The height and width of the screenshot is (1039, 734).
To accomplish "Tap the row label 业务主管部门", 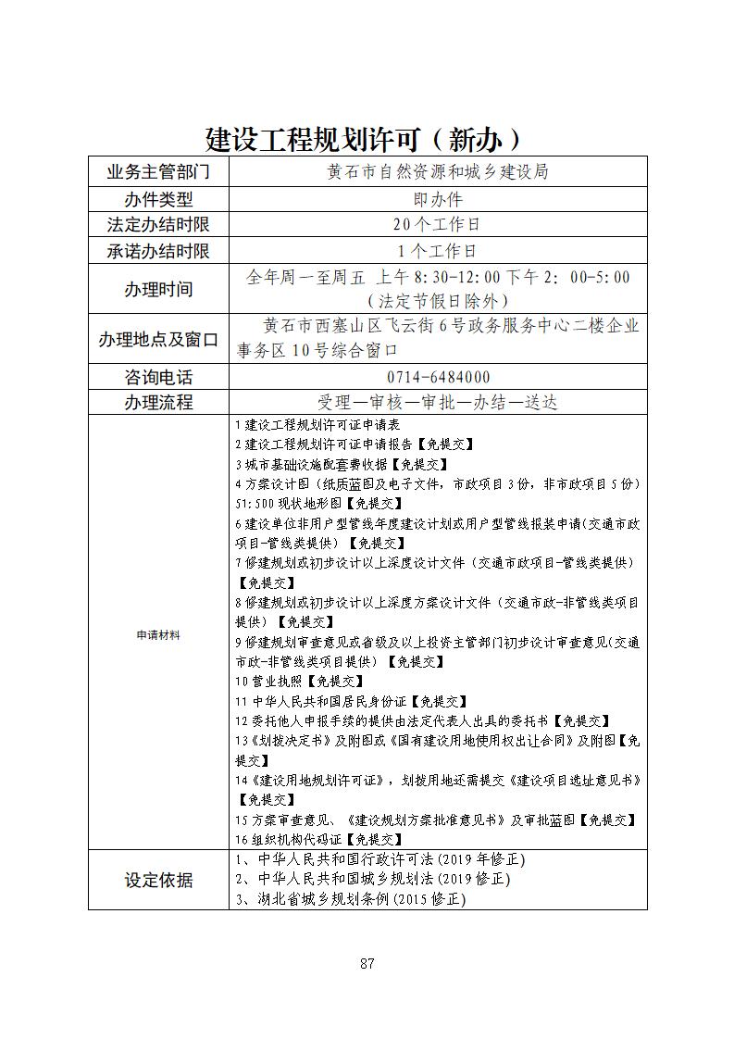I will pyautogui.click(x=158, y=172).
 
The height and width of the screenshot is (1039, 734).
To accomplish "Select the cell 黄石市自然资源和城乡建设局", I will pyautogui.click(x=438, y=172).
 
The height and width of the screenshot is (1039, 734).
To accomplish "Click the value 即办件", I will pyautogui.click(x=438, y=199).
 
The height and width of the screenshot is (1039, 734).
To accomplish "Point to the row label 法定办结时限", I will pyautogui.click(x=158, y=225).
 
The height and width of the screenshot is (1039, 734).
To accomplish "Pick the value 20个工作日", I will pyautogui.click(x=438, y=225).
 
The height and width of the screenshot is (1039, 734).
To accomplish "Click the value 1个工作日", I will pyautogui.click(x=438, y=251).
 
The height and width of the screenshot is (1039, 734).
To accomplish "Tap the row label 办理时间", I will pyautogui.click(x=158, y=289).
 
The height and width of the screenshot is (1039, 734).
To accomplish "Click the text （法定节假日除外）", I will pyautogui.click(x=438, y=301).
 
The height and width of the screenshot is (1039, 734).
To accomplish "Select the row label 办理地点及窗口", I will pyautogui.click(x=158, y=339).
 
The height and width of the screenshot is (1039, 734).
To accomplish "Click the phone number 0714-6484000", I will pyautogui.click(x=438, y=377).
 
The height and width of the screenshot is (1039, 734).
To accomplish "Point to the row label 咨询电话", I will pyautogui.click(x=158, y=377).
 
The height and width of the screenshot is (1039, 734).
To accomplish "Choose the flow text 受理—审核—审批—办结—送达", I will pyautogui.click(x=438, y=403).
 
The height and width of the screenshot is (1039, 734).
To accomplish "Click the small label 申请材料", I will pyautogui.click(x=158, y=635).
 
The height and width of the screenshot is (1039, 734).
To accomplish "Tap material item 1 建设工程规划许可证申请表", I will pyautogui.click(x=317, y=425).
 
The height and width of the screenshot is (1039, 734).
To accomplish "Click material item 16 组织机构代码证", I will pyautogui.click(x=319, y=839).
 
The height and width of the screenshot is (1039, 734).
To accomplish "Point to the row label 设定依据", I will pyautogui.click(x=158, y=880).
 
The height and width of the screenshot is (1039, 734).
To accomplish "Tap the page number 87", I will pyautogui.click(x=367, y=963).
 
